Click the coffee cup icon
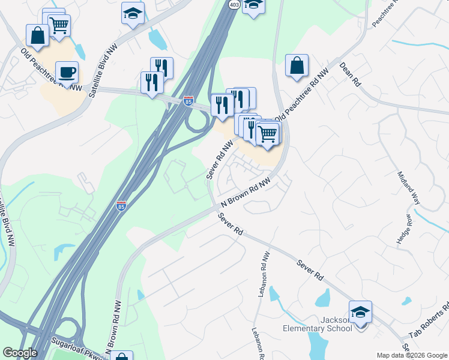67,72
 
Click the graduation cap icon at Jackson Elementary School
360,312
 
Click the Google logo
20,353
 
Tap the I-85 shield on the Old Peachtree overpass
188,101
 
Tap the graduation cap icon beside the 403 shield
254,5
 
